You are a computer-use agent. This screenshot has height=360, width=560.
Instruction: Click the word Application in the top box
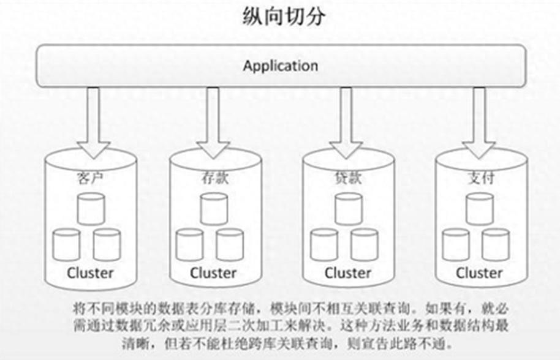[x=280, y=66]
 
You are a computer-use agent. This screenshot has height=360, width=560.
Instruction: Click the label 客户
[x=91, y=179]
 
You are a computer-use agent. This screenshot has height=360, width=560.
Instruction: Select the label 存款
[x=212, y=179]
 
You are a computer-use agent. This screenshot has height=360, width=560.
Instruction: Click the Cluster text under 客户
[x=90, y=272]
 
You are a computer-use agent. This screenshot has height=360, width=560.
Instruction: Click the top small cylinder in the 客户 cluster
[x=91, y=208]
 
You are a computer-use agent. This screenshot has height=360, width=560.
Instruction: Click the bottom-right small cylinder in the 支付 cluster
[x=495, y=244]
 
